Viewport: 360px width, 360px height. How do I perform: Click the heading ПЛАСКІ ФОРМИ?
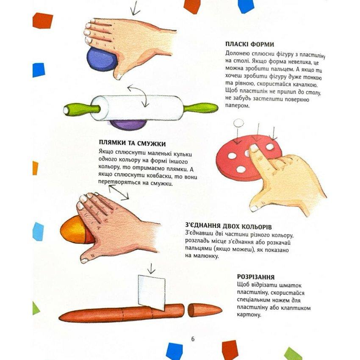coord(249,44)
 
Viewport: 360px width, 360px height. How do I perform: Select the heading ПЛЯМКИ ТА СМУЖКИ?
coord(132,143)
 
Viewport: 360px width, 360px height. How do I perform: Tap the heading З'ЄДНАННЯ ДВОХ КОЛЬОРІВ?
coord(228,227)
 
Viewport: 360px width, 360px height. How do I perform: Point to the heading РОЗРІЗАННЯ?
coord(256,277)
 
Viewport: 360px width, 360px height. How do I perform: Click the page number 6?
coord(193,339)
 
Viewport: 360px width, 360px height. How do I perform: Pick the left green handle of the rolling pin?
coord(81,109)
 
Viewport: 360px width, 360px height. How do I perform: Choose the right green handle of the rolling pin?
coord(200,108)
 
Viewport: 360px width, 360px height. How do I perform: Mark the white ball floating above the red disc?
coord(238,123)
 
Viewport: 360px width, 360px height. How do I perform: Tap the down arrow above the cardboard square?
coord(151,269)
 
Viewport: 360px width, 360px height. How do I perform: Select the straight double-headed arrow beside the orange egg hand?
coord(119,192)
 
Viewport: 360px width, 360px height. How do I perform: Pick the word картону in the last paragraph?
coord(249,314)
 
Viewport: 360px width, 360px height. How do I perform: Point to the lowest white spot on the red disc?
coord(241,169)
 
